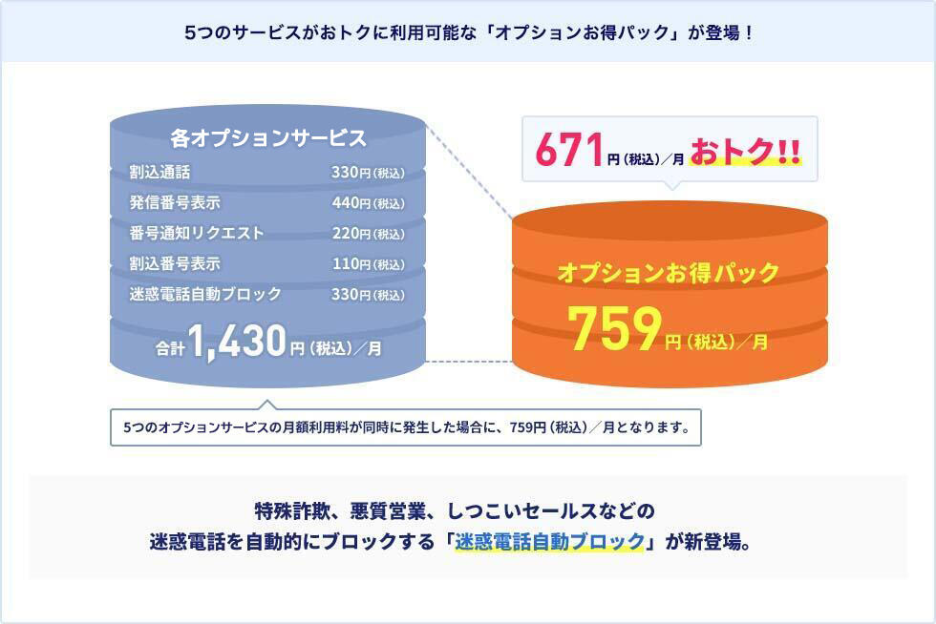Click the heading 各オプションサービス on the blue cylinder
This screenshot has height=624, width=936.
click(268, 138)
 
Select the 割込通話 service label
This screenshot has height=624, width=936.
click(160, 173)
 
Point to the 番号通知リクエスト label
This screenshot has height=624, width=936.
click(197, 233)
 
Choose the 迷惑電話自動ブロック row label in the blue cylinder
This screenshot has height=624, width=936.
click(205, 294)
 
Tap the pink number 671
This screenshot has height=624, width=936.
click(569, 153)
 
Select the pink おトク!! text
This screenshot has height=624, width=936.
click(745, 154)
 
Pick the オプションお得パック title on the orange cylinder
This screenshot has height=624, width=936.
click(669, 273)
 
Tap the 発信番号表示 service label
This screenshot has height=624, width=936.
click(175, 203)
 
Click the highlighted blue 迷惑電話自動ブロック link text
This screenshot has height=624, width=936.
click(550, 541)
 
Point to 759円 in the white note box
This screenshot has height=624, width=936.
click(532, 427)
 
